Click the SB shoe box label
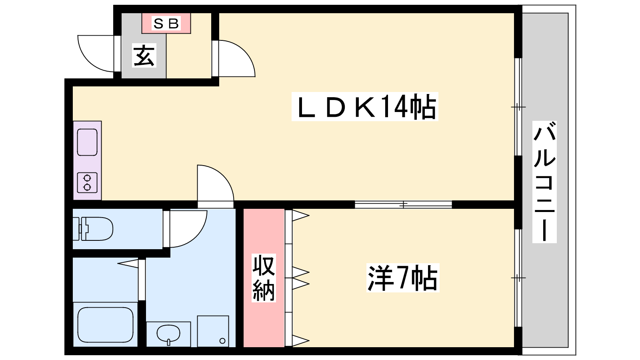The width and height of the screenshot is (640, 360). pyautogui.click(x=166, y=24)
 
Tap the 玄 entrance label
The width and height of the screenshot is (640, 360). pyautogui.click(x=144, y=56)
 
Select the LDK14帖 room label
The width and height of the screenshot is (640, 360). pyautogui.click(x=365, y=106)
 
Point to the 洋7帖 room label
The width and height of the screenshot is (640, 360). pyautogui.click(x=402, y=278)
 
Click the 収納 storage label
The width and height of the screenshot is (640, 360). pyautogui.click(x=264, y=278)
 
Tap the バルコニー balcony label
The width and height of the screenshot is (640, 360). pyautogui.click(x=544, y=182)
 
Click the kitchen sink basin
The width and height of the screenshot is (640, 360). pyautogui.click(x=87, y=142)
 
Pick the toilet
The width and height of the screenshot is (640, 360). pyautogui.click(x=94, y=229)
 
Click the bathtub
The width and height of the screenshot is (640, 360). pyautogui.click(x=105, y=324)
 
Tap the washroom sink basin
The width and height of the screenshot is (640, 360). pyautogui.click(x=168, y=333)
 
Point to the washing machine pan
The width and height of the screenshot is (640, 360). pyautogui.click(x=213, y=331)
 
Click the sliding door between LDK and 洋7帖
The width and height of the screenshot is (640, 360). pyautogui.click(x=403, y=204)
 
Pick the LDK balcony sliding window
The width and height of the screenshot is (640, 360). pyautogui.click(x=518, y=107)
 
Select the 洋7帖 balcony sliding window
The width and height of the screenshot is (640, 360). pyautogui.click(x=518, y=278)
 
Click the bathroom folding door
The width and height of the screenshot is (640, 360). pyautogui.click(x=140, y=280)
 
